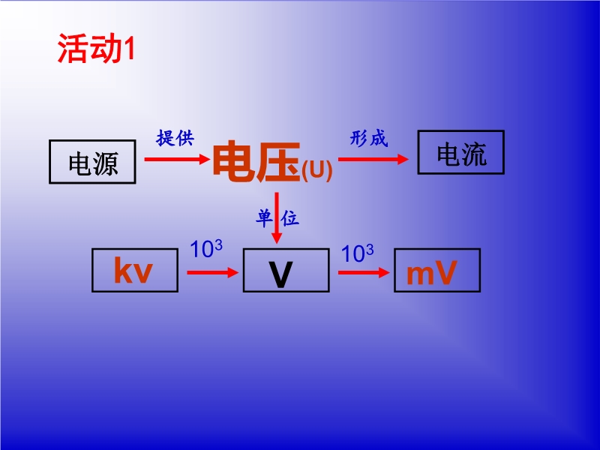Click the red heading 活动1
[x=97, y=49]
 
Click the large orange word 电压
[x=256, y=161]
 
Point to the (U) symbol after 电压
[x=316, y=170]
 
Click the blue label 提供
[x=175, y=138]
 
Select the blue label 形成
[x=369, y=138]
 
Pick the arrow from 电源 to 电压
[x=178, y=159]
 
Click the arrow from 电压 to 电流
[x=373, y=159]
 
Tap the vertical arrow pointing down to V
[x=276, y=217]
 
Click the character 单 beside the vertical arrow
[x=264, y=218]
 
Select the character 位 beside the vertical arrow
[x=289, y=218]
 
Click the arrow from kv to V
[x=213, y=272]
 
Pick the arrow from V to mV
[x=364, y=272]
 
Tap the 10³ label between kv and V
[x=206, y=249]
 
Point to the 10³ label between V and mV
[x=358, y=253]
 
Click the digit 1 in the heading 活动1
[x=129, y=49]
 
